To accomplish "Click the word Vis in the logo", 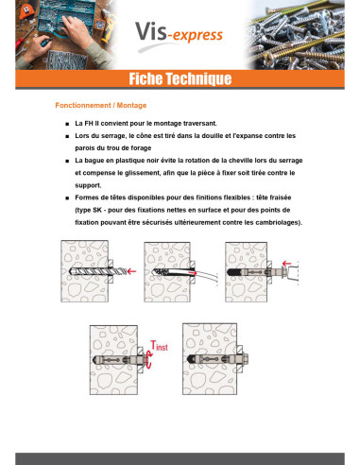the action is point(151,31).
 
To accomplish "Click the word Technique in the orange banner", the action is point(198,78).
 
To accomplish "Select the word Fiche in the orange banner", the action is point(146,78).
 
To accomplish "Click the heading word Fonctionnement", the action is point(83,106).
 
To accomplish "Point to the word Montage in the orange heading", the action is point(131,106).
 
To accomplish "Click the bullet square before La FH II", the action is point(67,124).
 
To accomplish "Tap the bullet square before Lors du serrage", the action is point(67,136).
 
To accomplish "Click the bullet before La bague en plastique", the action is point(67,161).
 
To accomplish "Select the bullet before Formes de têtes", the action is point(67,198).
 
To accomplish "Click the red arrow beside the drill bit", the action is point(131,271).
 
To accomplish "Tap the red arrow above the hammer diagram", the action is point(286,264).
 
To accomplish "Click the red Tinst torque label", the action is point(159,346).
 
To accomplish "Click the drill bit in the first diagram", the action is point(97,271).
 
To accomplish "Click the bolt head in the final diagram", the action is point(245,358).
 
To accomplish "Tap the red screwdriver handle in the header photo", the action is point(20,43).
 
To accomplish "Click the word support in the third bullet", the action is point(88,185).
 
